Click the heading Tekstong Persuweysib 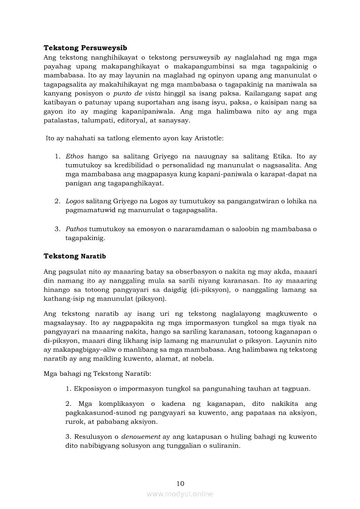point(85,48)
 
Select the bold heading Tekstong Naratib point(75,256)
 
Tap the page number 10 point(180,483)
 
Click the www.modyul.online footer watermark point(180,494)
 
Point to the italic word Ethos point(75,156)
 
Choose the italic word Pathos point(76,229)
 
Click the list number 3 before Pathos point(57,229)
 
